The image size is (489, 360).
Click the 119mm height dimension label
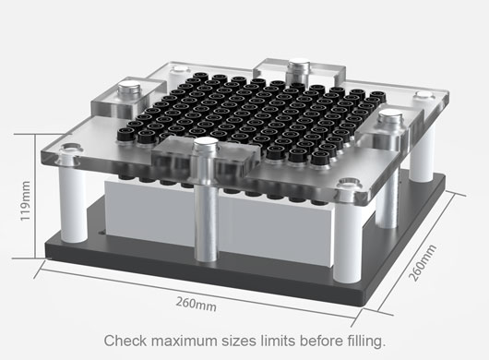coord(25,201)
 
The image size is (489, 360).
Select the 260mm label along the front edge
coord(197,304)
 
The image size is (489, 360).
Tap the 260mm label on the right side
coord(423,263)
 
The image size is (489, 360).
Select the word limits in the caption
coord(278,341)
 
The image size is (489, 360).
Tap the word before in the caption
coord(321,341)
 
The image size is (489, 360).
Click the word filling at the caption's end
coord(366,341)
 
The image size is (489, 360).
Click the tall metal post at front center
coord(206,199)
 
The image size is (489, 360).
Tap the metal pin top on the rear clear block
coord(299,69)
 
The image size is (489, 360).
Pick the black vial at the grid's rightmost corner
coord(378,95)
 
